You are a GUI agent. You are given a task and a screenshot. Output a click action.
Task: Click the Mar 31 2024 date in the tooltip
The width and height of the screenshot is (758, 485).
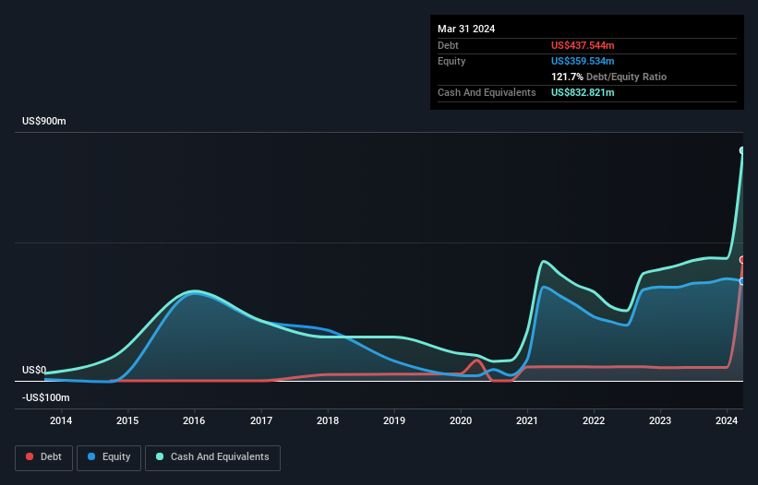(466, 29)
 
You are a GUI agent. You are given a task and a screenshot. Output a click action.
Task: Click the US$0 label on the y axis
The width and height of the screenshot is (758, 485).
(34, 370)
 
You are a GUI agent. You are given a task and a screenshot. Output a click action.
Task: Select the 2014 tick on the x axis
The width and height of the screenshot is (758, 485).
(61, 421)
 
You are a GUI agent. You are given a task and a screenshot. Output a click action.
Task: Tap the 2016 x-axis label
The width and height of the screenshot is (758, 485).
(194, 421)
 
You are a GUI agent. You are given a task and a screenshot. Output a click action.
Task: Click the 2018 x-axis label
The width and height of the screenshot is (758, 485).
(328, 421)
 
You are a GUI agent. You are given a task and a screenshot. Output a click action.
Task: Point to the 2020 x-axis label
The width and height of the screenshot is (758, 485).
(461, 421)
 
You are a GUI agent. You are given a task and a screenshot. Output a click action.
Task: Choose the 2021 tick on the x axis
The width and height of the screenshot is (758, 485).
(527, 421)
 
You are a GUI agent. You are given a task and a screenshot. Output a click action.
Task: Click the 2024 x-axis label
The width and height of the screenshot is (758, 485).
(727, 421)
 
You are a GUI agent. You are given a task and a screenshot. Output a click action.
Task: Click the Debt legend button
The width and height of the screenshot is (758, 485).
(42, 457)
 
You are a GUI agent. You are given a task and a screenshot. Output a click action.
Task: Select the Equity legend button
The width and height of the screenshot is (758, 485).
(110, 457)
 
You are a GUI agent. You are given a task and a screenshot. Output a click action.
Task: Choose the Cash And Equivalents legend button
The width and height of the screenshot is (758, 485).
(212, 457)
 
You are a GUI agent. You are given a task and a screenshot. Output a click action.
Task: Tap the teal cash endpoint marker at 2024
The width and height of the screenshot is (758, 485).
(742, 150)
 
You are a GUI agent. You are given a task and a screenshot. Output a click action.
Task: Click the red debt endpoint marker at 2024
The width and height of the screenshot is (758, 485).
(742, 260)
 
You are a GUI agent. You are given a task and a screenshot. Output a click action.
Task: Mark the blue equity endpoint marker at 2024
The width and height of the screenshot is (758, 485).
(742, 281)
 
